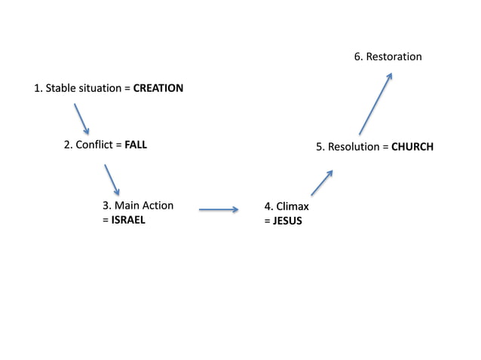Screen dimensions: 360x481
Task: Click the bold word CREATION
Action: tap(158, 88)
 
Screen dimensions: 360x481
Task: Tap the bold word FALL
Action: tap(136, 145)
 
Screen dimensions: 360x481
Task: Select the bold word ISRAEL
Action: tap(127, 221)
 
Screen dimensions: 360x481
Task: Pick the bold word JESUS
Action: tap(287, 221)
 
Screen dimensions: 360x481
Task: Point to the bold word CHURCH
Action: tap(412, 147)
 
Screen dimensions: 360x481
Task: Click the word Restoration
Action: tap(394, 56)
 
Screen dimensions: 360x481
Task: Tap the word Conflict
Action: tap(93, 145)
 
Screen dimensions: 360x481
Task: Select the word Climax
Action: tap(293, 206)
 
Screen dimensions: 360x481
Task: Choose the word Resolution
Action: tap(353, 147)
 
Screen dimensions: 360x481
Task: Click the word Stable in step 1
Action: tap(60, 88)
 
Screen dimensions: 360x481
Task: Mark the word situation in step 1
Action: tap(100, 88)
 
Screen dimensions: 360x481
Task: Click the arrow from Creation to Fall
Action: tap(81, 119)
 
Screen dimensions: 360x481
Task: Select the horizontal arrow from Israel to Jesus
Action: tap(219, 210)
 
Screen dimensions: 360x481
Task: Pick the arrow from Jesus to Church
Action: tap(322, 182)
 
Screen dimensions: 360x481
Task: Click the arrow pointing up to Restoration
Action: tap(375, 103)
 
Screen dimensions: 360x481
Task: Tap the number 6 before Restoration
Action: tap(358, 56)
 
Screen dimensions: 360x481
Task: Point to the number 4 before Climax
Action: tap(268, 206)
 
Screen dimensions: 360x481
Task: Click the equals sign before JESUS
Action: tap(267, 221)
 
